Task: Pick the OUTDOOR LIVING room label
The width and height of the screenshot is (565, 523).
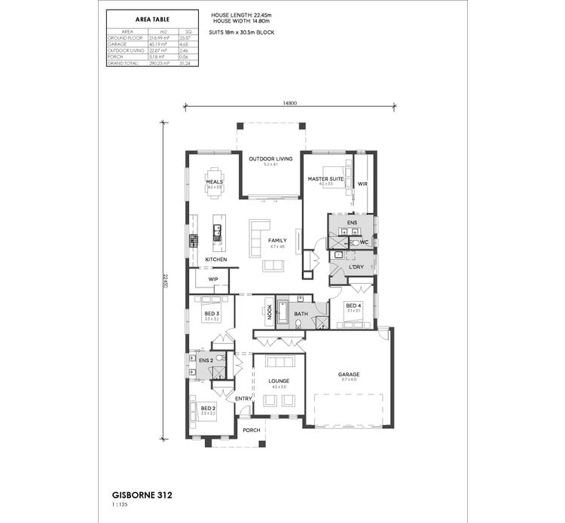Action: pyautogui.click(x=271, y=159)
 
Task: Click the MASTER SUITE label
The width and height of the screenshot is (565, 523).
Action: pyautogui.click(x=325, y=178)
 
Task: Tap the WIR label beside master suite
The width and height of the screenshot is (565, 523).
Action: pyautogui.click(x=362, y=183)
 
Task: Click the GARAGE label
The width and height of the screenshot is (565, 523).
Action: pyautogui.click(x=349, y=374)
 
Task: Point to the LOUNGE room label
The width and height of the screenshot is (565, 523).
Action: pyautogui.click(x=279, y=381)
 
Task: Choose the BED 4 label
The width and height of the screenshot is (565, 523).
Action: pyautogui.click(x=353, y=306)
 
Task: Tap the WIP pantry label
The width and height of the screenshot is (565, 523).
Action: pyautogui.click(x=213, y=279)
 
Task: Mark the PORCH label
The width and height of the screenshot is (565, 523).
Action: pyautogui.click(x=251, y=430)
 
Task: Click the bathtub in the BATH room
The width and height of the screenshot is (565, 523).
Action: pyautogui.click(x=283, y=312)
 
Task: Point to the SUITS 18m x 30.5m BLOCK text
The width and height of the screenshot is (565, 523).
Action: pyautogui.click(x=239, y=33)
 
